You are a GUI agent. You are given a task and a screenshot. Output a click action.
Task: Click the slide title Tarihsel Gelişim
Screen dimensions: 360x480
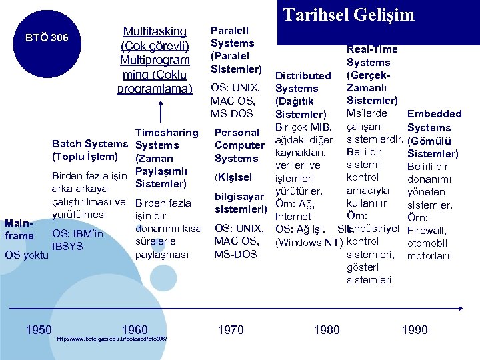349,15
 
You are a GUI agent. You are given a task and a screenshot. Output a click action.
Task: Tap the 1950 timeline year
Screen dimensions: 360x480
39,329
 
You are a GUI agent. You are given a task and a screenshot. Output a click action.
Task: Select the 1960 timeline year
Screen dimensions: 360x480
135,329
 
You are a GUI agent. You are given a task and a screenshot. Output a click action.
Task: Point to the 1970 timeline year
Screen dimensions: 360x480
231,329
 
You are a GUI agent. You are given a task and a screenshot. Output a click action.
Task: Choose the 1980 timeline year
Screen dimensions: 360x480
327,329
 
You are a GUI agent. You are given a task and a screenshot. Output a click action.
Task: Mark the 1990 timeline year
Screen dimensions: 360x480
415,329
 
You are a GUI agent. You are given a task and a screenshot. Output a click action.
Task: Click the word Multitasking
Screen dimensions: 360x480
155,31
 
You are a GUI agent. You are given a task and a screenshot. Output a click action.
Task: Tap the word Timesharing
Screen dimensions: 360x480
167,132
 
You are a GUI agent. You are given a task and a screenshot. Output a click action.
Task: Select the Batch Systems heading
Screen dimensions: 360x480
89,144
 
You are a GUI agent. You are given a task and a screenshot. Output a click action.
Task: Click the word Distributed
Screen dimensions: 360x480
303,75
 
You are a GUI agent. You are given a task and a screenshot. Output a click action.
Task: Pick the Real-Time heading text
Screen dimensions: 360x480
372,49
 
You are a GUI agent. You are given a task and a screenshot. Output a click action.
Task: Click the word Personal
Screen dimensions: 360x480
236,132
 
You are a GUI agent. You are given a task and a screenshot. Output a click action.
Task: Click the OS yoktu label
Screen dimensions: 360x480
26,255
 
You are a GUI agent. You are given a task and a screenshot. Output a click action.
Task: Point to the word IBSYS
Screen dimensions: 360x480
67,245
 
